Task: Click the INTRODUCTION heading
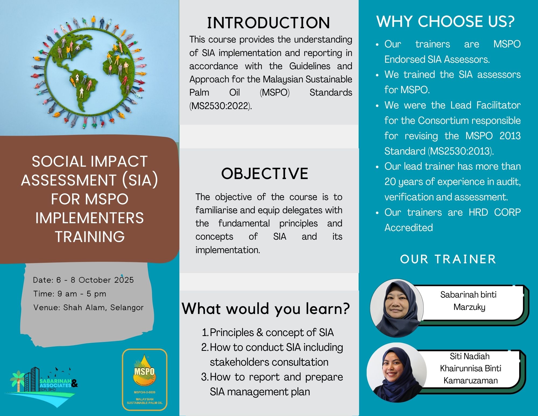click(268, 23)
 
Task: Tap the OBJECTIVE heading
click(265, 174)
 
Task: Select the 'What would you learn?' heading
click(266, 309)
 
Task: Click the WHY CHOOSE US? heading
click(445, 22)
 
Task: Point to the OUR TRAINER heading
click(448, 259)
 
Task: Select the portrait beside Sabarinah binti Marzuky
click(397, 307)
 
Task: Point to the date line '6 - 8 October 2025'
click(83, 280)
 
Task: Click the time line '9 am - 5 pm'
click(70, 294)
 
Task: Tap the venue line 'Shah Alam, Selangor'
click(89, 307)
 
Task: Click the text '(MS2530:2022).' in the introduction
click(221, 106)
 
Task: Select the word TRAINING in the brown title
click(90, 237)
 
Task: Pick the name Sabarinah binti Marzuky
click(469, 301)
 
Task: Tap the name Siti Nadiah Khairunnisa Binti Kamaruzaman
click(470, 368)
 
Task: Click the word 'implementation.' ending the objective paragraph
click(228, 250)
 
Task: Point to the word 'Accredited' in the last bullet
click(409, 228)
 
